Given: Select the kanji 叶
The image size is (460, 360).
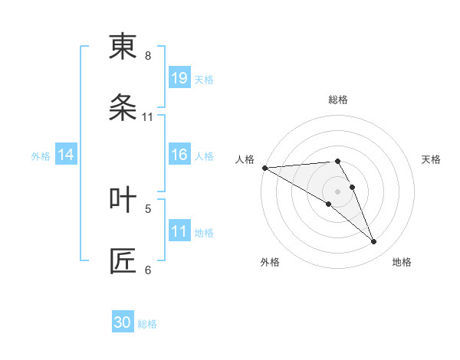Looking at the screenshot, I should click(x=123, y=199).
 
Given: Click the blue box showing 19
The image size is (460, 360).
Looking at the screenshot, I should click(x=179, y=78).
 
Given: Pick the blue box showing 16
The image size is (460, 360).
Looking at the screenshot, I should click(x=179, y=155).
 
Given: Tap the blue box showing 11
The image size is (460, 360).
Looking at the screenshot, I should click(x=179, y=231).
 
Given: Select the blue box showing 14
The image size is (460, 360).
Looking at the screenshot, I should click(x=66, y=155).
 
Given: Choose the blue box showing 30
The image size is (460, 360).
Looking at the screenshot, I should click(x=123, y=322).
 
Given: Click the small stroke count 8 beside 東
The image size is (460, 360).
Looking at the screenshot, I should click(x=148, y=56).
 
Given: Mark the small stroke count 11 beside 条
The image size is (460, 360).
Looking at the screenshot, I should click(x=148, y=117).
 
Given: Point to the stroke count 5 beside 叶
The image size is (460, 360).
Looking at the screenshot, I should click(x=148, y=208).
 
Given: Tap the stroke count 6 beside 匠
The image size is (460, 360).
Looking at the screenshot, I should click(x=148, y=269).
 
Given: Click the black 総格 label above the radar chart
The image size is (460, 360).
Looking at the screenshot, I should click(x=338, y=100).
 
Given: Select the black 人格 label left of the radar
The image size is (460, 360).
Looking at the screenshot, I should click(x=245, y=159).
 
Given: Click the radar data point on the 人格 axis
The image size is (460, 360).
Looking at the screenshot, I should click(x=264, y=168).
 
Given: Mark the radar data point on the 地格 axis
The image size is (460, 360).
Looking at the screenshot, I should click(x=374, y=241).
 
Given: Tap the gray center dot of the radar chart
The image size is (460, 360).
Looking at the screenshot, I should click(x=338, y=191).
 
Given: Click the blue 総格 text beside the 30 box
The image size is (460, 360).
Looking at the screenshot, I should click(x=147, y=324).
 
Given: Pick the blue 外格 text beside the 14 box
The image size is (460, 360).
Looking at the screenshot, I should click(x=41, y=156).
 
